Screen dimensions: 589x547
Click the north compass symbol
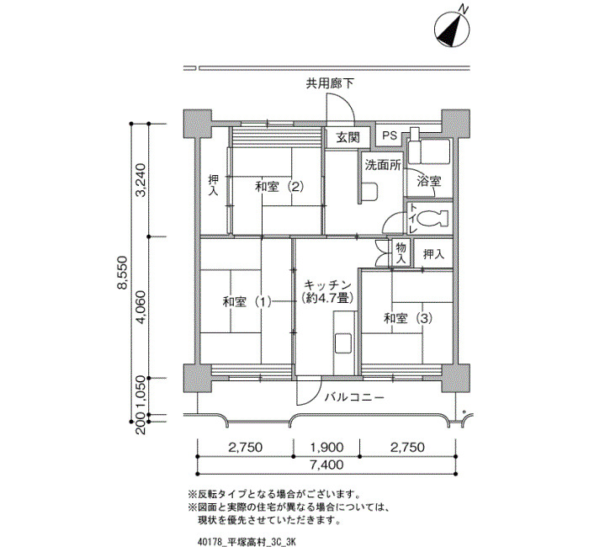452,28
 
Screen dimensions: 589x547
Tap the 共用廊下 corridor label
330,83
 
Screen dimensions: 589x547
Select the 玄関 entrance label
348,137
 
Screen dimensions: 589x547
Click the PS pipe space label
390,135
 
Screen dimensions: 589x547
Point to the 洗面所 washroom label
383,165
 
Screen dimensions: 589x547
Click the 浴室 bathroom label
429,182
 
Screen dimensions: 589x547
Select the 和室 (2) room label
279,187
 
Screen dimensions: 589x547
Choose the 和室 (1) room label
247,301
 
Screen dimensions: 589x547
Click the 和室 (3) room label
407,319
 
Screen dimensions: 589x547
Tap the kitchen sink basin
343,343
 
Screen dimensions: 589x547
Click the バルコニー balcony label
354,397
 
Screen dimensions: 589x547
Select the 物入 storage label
401,252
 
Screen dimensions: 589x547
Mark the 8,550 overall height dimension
122,273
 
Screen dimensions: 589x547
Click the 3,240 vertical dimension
141,180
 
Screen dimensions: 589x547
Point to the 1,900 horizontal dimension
326,447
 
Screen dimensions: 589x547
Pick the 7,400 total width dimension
326,465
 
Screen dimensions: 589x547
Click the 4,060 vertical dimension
141,307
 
